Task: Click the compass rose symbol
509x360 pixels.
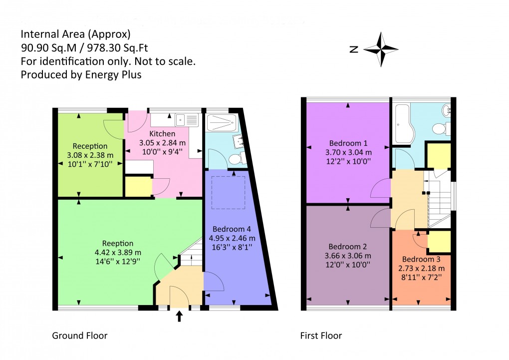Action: tap(381, 49)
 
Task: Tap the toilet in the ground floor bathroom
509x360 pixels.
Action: tap(235, 159)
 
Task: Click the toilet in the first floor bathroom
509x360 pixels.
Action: tap(439, 128)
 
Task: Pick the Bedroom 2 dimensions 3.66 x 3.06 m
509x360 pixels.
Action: tap(348, 256)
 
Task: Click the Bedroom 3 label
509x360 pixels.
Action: tap(421, 260)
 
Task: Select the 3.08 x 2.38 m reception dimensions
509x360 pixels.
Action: tap(90, 155)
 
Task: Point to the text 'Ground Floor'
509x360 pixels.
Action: tap(80, 336)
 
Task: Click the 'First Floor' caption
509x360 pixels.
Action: tap(321, 336)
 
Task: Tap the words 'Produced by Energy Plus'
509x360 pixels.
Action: tap(81, 75)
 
